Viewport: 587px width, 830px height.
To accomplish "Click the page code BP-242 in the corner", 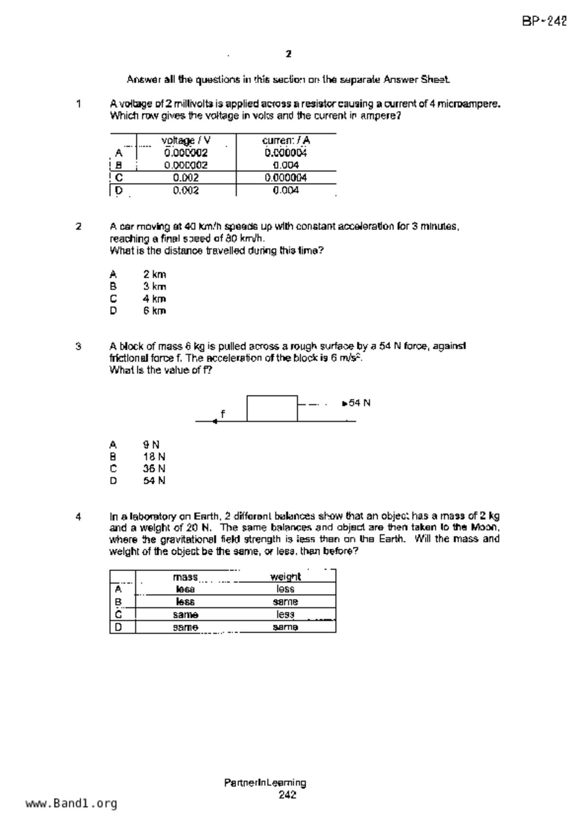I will (x=544, y=21).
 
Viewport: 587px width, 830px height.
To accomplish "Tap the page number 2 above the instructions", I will (x=289, y=54).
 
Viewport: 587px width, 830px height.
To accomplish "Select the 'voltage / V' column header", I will (x=186, y=141).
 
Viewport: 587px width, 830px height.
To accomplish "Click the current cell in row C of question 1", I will (x=286, y=178).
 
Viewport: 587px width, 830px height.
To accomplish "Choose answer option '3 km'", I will (x=154, y=286).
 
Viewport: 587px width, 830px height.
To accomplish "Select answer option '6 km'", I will (x=154, y=311).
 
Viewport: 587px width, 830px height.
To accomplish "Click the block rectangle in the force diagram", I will (x=272, y=408).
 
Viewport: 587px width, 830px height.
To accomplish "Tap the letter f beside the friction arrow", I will (x=223, y=414).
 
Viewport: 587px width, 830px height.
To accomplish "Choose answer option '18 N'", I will (x=154, y=457).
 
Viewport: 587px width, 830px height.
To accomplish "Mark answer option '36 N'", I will (x=154, y=469).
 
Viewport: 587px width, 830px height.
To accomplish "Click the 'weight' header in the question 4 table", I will (x=285, y=577).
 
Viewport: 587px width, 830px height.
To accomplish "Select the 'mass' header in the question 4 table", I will (x=185, y=577).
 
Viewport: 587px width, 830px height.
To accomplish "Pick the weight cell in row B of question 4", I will (x=285, y=602).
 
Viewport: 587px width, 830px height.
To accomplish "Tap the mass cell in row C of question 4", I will (x=185, y=615).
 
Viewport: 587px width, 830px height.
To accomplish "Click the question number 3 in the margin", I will (x=78, y=346).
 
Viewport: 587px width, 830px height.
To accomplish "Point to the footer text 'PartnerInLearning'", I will (x=265, y=783).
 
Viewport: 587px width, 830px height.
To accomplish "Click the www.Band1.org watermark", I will (x=71, y=804).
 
